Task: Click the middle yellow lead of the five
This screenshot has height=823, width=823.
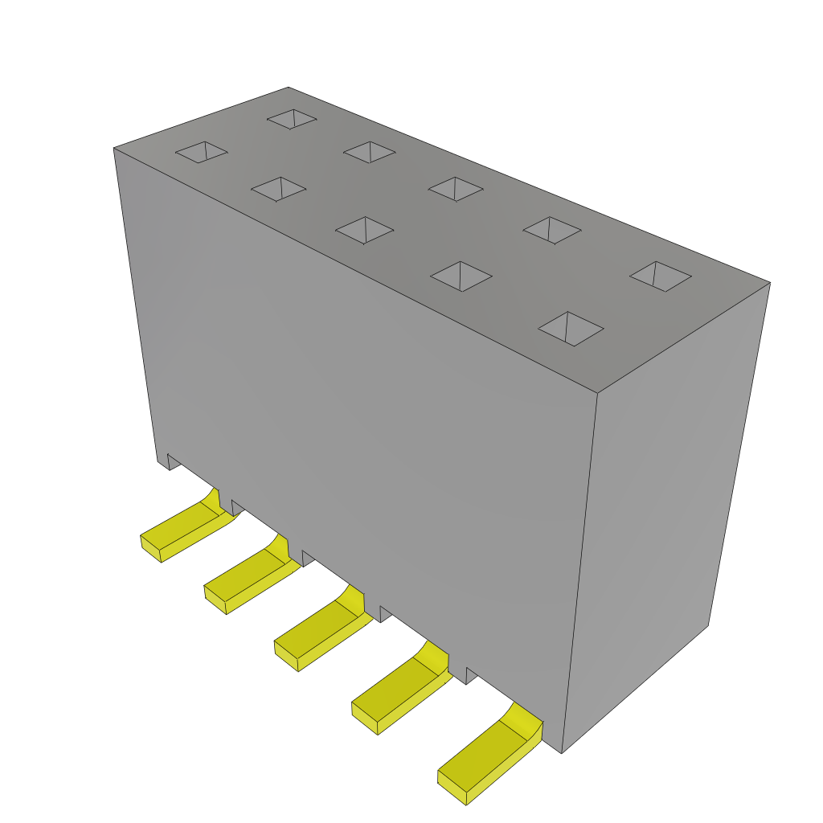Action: point(321,630)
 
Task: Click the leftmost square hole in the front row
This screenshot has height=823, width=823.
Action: point(202,152)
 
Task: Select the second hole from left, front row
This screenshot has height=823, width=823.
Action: point(278,189)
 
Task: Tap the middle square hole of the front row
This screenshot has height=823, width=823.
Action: point(364,230)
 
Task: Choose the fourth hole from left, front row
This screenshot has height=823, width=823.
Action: point(461,276)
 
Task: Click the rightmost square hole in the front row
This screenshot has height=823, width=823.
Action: point(571,329)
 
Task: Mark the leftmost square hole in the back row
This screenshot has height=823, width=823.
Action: point(292,119)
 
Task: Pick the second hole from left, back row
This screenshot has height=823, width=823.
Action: point(369,152)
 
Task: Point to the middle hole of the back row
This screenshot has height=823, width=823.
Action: point(455,189)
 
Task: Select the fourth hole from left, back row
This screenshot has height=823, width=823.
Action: point(551,230)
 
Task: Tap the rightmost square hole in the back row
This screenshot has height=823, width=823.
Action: point(660,276)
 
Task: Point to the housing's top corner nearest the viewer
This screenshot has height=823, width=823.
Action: point(597,393)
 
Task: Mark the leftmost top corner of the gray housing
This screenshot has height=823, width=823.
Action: point(114,149)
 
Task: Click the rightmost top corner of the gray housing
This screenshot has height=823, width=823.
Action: point(770,283)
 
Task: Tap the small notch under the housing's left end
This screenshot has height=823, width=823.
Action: point(173,461)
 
